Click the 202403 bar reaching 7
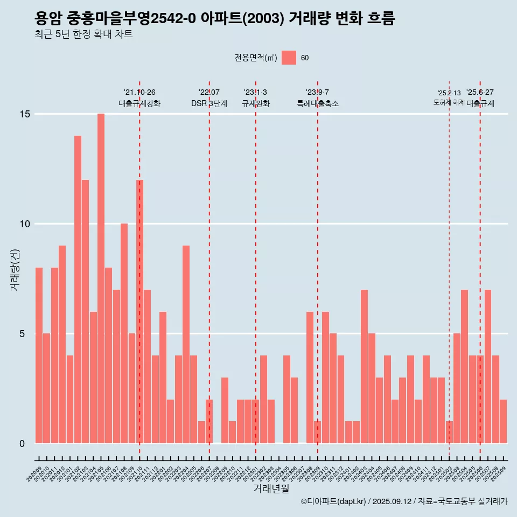pos(364,366)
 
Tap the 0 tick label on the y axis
pos(22,444)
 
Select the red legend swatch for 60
pos(289,58)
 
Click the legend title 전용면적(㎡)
pos(256,58)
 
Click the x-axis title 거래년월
pos(271,489)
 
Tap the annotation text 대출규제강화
pos(139,103)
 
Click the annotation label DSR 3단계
pos(209,103)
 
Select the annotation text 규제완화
pos(255,103)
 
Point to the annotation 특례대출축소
pos(318,103)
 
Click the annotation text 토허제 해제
pos(449,102)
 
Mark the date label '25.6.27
pos(480,93)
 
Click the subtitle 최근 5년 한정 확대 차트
pos(83,34)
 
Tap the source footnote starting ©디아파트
pos(404,502)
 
